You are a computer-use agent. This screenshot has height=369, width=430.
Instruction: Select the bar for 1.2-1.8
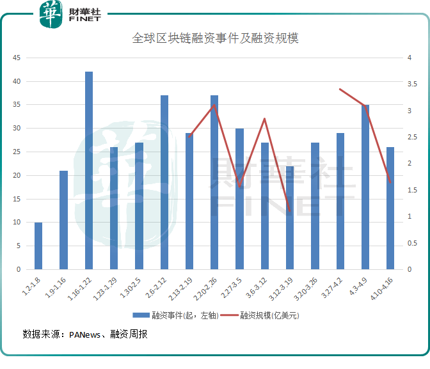38,246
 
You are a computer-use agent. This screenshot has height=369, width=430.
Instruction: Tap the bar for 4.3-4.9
365,187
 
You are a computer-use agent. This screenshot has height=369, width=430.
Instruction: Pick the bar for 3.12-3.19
290,217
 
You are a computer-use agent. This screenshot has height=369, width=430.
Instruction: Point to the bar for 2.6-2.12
164,182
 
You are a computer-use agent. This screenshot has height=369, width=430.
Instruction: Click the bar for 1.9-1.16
63,220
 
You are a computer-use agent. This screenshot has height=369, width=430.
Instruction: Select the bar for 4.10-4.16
390,208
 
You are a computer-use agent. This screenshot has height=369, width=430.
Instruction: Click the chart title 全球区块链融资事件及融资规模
216,38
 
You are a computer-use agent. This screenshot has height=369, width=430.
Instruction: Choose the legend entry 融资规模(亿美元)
270,315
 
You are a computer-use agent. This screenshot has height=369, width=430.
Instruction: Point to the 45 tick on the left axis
17,58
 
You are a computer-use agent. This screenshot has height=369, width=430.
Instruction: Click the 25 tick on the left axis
17,152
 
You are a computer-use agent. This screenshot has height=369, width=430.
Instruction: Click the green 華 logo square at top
50,15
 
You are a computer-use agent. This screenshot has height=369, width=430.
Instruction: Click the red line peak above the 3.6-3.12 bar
264,119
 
